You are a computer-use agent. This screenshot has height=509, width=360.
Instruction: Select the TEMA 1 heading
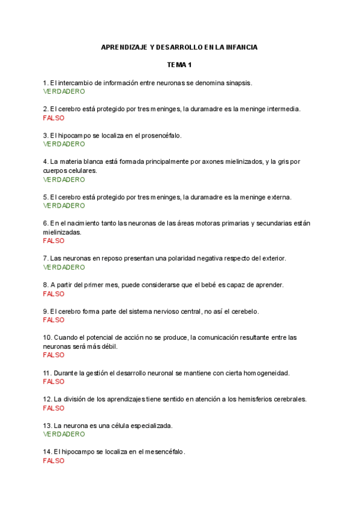click(x=179, y=65)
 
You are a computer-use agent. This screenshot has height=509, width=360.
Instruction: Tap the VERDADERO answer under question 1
click(x=64, y=91)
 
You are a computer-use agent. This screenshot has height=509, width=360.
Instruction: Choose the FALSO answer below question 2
click(x=54, y=118)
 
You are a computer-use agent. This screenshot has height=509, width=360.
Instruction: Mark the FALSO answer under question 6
click(x=54, y=241)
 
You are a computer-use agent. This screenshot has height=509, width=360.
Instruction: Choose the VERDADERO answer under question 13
click(x=64, y=434)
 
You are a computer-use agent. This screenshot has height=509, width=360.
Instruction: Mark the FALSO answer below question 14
click(x=54, y=460)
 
